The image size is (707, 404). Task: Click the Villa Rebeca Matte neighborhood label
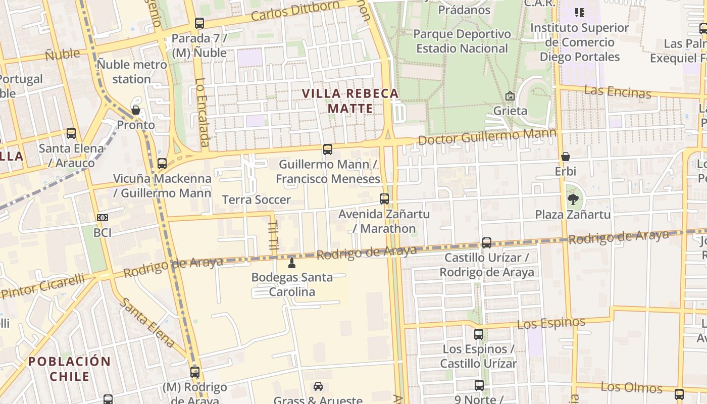[x=350, y=101]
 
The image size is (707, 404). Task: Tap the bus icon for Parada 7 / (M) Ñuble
[x=199, y=23]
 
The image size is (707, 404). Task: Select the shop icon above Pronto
[x=135, y=110]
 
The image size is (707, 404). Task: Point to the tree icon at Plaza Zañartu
[x=573, y=199]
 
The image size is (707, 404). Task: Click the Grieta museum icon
[x=510, y=96]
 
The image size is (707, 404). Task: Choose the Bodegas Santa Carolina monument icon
[x=291, y=263]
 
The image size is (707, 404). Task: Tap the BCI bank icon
[x=103, y=218]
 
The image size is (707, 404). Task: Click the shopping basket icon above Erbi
[x=566, y=157]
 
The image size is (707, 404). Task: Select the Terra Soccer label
[x=257, y=199]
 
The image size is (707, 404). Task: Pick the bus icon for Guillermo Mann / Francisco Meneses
[x=328, y=149]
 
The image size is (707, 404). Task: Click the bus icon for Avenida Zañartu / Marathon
[x=384, y=199]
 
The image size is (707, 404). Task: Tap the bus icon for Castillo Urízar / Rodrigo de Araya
[x=487, y=243]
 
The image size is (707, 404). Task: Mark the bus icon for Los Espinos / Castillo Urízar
[x=479, y=334]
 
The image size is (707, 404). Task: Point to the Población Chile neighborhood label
[x=70, y=369]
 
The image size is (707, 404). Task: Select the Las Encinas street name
[x=617, y=92]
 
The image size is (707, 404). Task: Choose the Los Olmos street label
[x=631, y=387]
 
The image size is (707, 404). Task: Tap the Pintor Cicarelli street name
[x=43, y=286]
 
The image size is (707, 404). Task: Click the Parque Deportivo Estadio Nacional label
[x=462, y=41]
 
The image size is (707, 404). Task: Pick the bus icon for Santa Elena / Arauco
[x=71, y=133]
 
